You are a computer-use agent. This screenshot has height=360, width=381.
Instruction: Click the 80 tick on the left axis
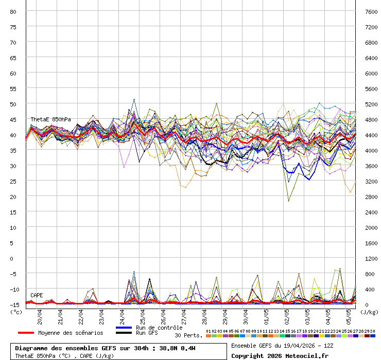[13, 11]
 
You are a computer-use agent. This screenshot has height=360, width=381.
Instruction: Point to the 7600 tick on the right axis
[370, 11]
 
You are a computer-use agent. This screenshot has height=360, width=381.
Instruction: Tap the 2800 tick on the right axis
[370, 196]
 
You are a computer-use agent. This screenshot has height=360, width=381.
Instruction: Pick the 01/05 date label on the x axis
[267, 315]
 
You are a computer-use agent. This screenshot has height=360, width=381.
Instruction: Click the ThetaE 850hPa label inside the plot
[50, 119]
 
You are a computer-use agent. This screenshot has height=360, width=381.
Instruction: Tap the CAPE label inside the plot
[37, 295]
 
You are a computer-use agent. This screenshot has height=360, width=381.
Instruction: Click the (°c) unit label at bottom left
[16, 311]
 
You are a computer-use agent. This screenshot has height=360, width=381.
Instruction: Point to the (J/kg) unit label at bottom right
[369, 311]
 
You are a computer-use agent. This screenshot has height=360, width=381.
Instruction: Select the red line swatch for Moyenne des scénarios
[26, 333]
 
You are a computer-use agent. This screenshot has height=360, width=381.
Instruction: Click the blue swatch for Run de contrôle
[124, 328]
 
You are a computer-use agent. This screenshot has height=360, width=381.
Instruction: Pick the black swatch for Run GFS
[124, 333]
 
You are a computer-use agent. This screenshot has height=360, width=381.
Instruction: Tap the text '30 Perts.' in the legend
[188, 335]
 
